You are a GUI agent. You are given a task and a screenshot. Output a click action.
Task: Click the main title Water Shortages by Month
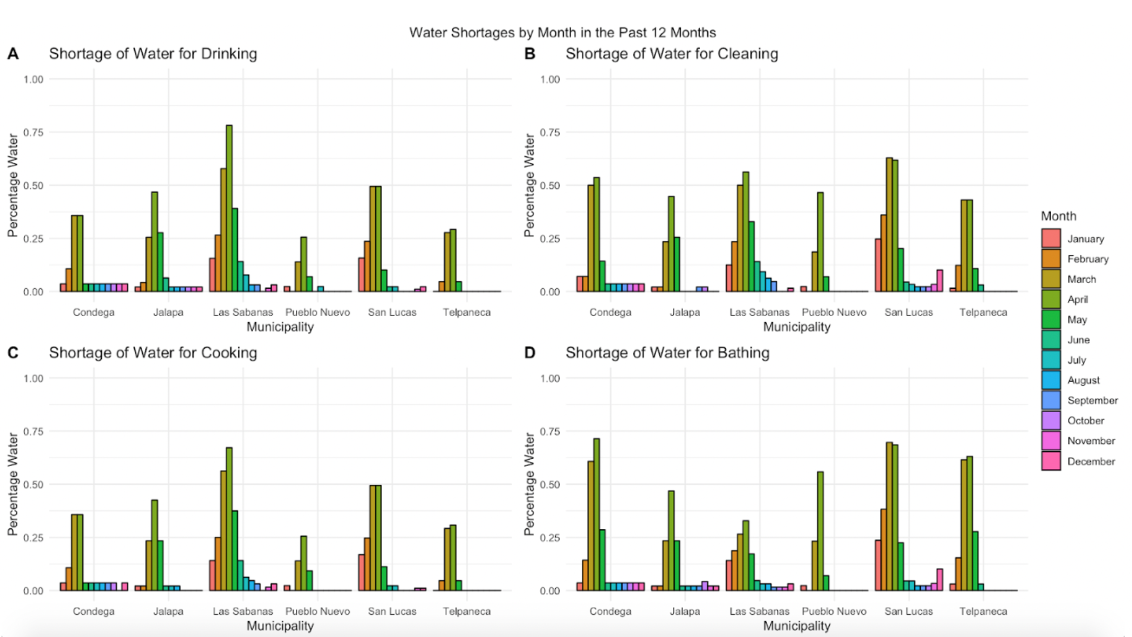click(x=563, y=32)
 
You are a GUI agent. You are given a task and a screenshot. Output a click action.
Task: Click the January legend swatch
click(x=1050, y=238)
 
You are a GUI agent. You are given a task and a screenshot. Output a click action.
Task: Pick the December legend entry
click(x=1091, y=461)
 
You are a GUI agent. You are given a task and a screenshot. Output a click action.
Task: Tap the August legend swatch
click(x=1050, y=380)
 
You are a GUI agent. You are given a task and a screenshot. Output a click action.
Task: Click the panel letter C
click(x=12, y=353)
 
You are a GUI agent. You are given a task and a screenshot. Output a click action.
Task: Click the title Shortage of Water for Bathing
click(x=667, y=353)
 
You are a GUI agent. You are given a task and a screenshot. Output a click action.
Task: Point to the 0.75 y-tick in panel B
click(x=550, y=132)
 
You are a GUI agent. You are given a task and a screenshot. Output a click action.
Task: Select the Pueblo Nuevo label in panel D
click(x=834, y=611)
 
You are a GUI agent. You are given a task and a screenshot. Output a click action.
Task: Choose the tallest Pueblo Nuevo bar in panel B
click(x=820, y=242)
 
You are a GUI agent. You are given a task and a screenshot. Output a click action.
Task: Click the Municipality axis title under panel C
click(x=280, y=626)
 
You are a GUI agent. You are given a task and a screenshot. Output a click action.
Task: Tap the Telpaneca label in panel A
click(x=466, y=312)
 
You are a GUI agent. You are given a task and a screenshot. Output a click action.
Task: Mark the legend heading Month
click(x=1058, y=216)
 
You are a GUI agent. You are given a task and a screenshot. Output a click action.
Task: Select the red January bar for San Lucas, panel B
click(x=878, y=265)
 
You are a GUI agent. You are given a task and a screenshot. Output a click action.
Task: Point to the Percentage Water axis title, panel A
click(x=12, y=185)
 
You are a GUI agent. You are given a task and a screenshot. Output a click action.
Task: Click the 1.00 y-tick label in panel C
click(x=33, y=378)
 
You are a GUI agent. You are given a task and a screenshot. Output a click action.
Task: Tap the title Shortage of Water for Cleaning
click(x=672, y=54)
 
